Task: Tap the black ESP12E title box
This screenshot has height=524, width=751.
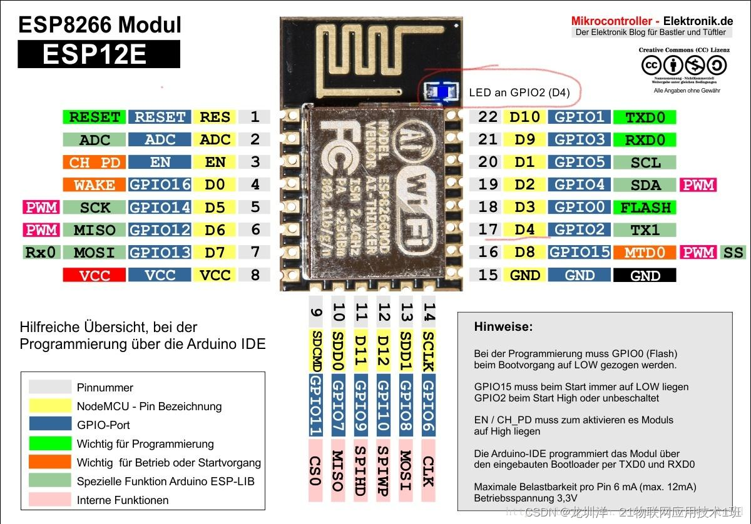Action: [x=98, y=54]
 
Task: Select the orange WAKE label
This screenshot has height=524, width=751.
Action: [x=95, y=185]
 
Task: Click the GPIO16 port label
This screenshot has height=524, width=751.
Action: [x=160, y=185]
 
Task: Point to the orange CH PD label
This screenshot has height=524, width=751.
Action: [x=95, y=163]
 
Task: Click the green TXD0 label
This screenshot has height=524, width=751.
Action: [x=645, y=118]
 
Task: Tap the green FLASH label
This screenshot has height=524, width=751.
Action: [x=645, y=208]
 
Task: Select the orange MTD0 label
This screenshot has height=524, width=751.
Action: [x=645, y=253]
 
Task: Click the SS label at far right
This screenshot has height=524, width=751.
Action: [x=733, y=253]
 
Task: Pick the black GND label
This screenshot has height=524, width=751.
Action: [x=645, y=276]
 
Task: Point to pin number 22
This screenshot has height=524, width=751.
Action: [x=488, y=117]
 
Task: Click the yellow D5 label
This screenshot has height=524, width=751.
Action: [x=215, y=208]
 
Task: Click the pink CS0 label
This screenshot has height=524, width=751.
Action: [x=316, y=470]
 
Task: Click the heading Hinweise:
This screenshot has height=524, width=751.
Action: [x=503, y=326]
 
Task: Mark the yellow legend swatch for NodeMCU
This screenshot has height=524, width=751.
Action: [x=50, y=406]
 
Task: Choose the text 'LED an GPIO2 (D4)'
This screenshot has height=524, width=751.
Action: [x=519, y=93]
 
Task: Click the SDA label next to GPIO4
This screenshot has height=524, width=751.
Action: [x=645, y=185]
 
